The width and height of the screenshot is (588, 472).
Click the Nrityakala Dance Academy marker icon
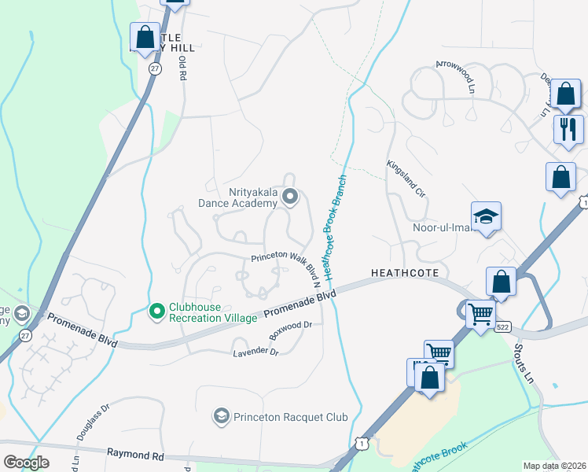(x=290, y=197)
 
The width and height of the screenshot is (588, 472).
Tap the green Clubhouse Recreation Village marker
(x=156, y=312)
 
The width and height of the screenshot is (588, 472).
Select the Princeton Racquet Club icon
(x=222, y=415)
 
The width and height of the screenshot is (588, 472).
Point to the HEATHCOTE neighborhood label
(x=403, y=272)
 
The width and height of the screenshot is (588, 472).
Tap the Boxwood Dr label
(x=292, y=326)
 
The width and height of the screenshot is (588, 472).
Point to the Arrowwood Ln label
(x=457, y=77)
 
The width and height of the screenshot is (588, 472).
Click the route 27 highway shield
(x=156, y=69)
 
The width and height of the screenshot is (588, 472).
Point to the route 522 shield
(x=503, y=326)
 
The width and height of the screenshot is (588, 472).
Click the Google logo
(x=26, y=463)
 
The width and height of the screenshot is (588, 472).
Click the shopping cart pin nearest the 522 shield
(x=480, y=313)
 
